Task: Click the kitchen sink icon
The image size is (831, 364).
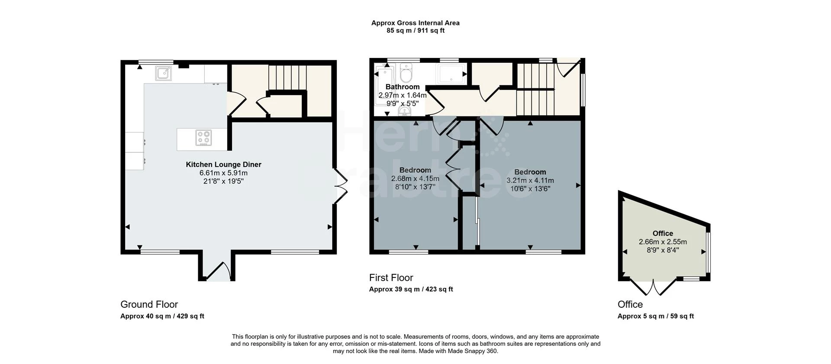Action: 164,73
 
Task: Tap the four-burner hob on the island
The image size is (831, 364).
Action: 203,138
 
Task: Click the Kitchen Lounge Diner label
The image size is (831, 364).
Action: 223,164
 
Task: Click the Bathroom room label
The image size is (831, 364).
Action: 402,87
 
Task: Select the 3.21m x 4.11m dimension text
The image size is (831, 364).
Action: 530,180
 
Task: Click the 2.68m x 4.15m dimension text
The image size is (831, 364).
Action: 415,179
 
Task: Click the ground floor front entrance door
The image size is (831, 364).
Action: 219,271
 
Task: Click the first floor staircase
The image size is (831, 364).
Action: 536,89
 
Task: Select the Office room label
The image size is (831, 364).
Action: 662,233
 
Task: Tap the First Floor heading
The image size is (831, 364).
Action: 391,278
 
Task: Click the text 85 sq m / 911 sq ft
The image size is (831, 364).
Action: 415,31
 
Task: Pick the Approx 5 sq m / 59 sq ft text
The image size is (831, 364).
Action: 655,316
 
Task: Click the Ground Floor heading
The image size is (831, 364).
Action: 149,304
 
